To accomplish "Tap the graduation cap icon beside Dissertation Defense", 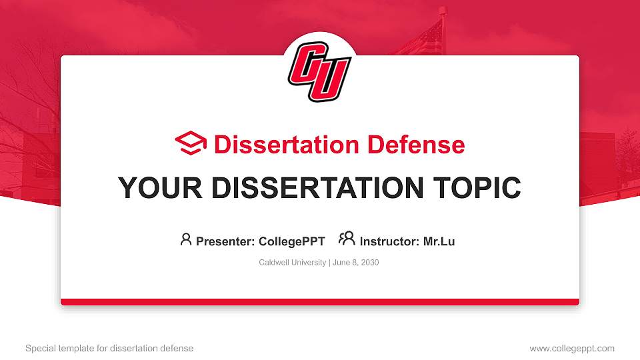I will click(191, 143).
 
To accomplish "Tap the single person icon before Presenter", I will click(186, 239).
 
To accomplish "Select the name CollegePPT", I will click(291, 241).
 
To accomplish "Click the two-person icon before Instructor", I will click(347, 239).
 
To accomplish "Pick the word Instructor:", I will click(389, 241).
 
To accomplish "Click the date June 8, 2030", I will click(355, 263).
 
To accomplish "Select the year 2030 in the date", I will click(369, 263).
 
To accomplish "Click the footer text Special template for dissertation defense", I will click(109, 348).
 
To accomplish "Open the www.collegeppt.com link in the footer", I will click(572, 348).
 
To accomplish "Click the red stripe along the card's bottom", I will click(320, 302).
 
